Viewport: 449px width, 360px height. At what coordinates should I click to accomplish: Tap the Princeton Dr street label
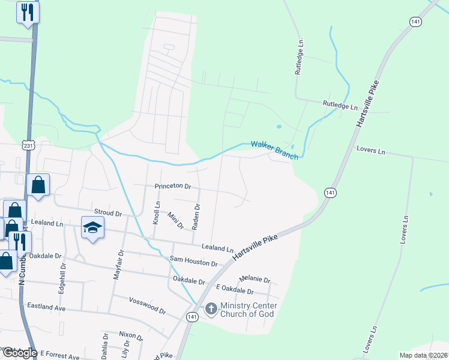coord(172,187)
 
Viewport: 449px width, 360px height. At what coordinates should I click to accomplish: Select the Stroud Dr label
coord(108,213)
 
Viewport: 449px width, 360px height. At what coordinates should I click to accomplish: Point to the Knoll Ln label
coord(157,212)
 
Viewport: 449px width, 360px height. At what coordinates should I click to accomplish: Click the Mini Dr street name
coord(175,220)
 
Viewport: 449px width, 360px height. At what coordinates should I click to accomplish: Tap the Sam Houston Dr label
coord(193,261)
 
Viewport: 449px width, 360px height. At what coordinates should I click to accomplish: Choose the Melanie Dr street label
coord(255,280)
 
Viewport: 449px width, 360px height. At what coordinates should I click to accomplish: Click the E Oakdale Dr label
coord(235,291)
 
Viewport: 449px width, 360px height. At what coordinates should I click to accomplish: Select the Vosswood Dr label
coord(146,305)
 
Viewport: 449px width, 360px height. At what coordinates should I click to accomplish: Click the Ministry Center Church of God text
coord(247,310)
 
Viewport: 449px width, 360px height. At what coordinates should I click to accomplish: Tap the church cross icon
coord(211,309)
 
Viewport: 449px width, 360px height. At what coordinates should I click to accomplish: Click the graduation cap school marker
coord(93,228)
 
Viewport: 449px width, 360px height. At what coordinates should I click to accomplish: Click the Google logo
coord(19,353)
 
